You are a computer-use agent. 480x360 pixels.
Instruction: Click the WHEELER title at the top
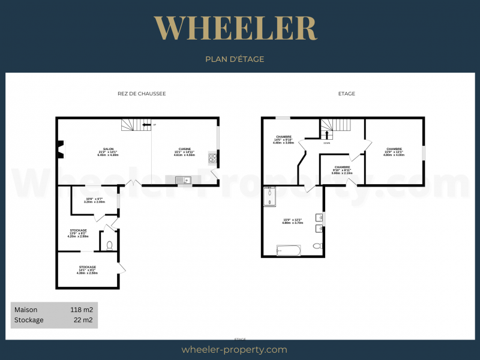click(x=235, y=28)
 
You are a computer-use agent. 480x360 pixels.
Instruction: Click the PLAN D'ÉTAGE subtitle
click(x=235, y=59)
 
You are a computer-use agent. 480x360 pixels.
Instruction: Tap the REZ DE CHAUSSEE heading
click(x=142, y=94)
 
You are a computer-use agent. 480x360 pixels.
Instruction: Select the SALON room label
click(x=109, y=151)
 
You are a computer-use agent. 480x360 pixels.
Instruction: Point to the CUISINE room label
click(x=184, y=151)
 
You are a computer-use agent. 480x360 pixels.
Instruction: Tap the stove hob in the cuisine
click(x=212, y=158)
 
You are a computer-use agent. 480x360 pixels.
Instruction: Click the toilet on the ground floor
click(x=109, y=245)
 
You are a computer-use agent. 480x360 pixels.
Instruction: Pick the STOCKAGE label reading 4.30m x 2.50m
click(x=88, y=269)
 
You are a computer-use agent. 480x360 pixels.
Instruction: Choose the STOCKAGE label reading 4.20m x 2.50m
click(x=79, y=233)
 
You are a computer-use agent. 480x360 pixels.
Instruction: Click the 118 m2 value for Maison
click(x=82, y=310)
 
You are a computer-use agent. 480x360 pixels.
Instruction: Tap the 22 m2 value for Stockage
click(x=84, y=320)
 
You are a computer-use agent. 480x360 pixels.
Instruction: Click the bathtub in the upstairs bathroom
click(x=289, y=250)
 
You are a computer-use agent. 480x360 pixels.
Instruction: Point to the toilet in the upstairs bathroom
click(x=318, y=245)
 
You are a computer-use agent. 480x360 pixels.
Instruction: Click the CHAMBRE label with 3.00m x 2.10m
click(x=342, y=169)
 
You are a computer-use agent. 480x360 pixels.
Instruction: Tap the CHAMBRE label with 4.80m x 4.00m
click(x=394, y=151)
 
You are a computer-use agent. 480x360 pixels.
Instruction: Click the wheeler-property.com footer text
click(x=235, y=349)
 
